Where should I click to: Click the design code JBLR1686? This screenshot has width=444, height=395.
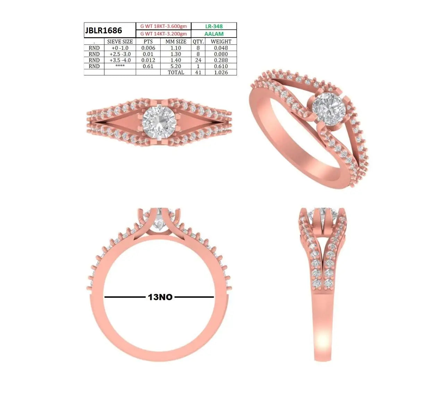pyautogui.click(x=103, y=30)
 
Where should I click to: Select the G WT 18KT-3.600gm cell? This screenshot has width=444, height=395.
pyautogui.click(x=163, y=26)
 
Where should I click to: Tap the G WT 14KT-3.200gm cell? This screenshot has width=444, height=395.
pyautogui.click(x=163, y=34)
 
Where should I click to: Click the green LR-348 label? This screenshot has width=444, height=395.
pyautogui.click(x=214, y=26)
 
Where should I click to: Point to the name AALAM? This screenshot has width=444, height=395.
pyautogui.click(x=214, y=34)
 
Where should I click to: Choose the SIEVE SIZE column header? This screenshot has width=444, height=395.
pyautogui.click(x=120, y=41)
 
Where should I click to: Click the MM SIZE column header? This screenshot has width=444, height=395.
pyautogui.click(x=176, y=41)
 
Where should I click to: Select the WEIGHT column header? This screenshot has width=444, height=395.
pyautogui.click(x=221, y=41)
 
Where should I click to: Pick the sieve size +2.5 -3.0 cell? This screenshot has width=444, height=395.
pyautogui.click(x=120, y=54)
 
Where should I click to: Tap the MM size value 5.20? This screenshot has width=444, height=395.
pyautogui.click(x=176, y=66)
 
